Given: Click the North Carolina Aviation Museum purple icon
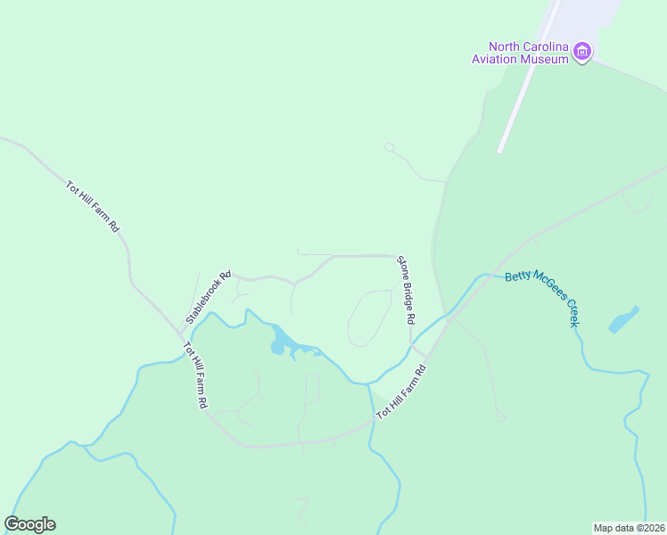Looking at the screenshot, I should tap(582, 52).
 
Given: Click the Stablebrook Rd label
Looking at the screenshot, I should tap(209, 297).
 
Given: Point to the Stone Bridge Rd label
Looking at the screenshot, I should tap(407, 289).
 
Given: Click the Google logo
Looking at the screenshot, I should tap(29, 524).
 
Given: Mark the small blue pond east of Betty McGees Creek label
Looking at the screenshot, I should tap(624, 319).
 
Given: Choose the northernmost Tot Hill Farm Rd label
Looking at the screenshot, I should tap(93, 207).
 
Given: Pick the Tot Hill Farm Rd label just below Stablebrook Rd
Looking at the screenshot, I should tap(195, 375).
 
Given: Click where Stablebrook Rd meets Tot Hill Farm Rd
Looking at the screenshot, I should tap(177, 331).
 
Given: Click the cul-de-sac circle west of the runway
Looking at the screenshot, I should tap(389, 147).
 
